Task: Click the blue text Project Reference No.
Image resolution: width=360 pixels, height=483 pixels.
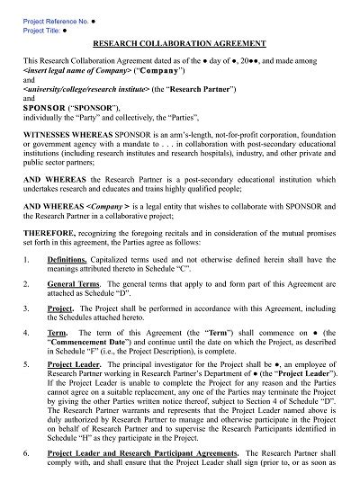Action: tap(50, 17)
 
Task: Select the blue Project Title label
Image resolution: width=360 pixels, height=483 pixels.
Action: tap(39, 28)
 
